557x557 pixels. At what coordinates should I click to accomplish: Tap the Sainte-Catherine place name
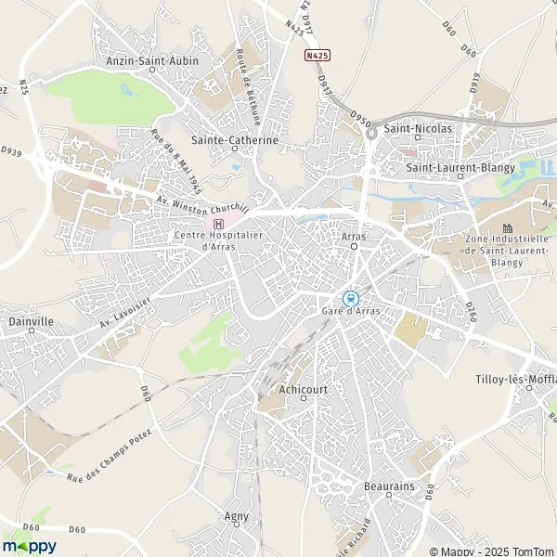coord(234,140)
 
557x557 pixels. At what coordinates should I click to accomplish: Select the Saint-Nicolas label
coord(418,127)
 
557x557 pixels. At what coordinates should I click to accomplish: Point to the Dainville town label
coord(31,322)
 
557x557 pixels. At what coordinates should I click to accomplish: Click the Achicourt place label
coord(303,390)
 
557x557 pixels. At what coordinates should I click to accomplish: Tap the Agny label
coord(237,516)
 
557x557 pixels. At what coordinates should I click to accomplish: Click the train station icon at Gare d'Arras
coord(350,298)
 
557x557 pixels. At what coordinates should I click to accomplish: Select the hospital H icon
coord(218,223)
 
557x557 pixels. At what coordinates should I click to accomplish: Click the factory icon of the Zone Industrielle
coord(507,227)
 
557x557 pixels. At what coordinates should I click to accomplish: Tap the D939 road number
coord(11,149)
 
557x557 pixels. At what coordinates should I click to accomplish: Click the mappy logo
coord(29,547)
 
